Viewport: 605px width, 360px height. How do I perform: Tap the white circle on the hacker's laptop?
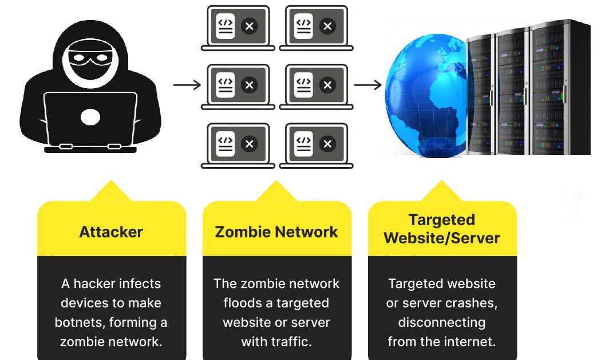[90, 117]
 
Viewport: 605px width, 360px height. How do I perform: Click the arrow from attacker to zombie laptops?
[187, 85]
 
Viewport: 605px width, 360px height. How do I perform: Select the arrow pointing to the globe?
[367, 85]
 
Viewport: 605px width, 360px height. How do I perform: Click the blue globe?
[426, 94]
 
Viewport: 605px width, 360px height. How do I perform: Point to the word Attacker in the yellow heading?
[111, 232]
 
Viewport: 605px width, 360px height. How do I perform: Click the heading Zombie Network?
[276, 232]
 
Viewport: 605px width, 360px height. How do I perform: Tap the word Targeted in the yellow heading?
[441, 220]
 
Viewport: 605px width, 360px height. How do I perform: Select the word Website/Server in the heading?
[441, 238]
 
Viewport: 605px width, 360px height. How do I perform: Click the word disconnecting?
[441, 322]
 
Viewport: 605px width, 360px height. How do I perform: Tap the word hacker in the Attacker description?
[94, 283]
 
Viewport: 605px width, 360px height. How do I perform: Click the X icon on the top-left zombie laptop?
[249, 26]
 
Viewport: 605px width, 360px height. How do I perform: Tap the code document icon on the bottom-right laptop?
[303, 144]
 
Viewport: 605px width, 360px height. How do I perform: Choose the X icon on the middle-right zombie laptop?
[327, 85]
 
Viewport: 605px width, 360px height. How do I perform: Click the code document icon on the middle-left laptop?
[226, 85]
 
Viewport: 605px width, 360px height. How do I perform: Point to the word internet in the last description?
[469, 342]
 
